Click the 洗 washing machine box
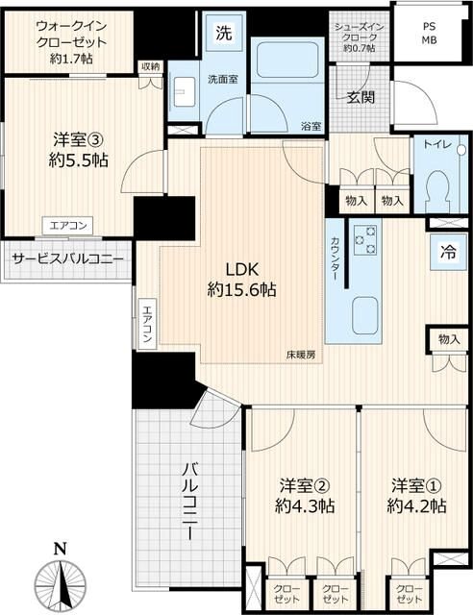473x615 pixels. [224, 32]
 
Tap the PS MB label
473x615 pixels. [429, 34]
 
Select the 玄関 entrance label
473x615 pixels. [361, 97]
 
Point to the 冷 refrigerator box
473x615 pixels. [448, 252]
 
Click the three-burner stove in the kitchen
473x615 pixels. [364, 239]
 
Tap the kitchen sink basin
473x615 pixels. [364, 315]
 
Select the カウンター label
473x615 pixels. [335, 258]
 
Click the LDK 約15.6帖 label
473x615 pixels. [241, 280]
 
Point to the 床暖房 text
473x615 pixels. [300, 355]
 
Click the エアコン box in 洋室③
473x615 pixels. [67, 226]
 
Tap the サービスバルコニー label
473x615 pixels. [67, 259]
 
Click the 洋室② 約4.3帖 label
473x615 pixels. [304, 496]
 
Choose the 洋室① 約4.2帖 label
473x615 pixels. [416, 496]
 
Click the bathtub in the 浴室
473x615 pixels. [287, 60]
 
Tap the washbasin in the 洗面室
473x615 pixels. [184, 92]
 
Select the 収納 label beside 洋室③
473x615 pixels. [151, 67]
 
